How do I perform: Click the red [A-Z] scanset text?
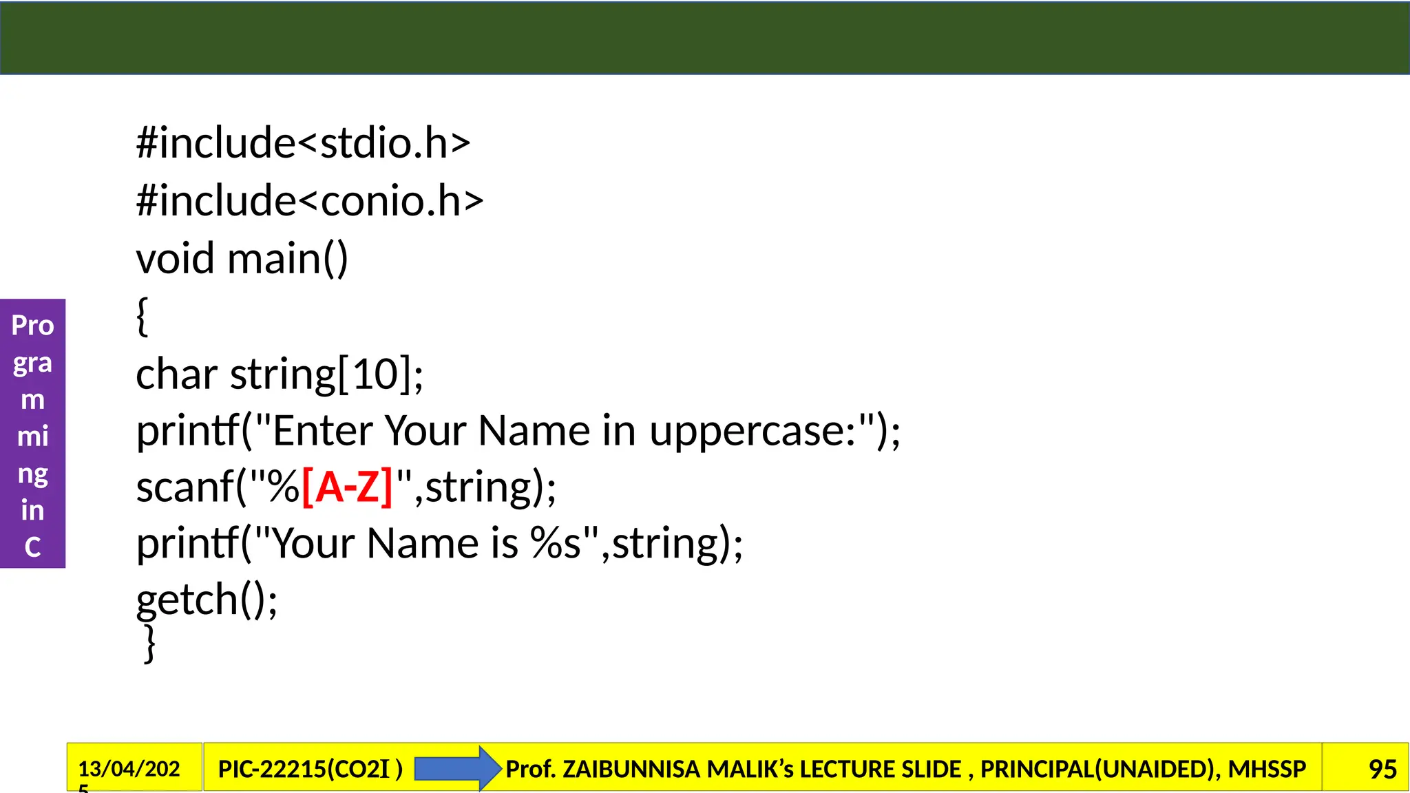point(347,487)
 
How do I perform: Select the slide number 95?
point(1382,769)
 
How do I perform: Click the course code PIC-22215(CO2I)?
point(310,769)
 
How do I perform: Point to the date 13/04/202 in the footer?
point(129,769)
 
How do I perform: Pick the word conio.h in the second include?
point(391,201)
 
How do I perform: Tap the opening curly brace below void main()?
point(143,317)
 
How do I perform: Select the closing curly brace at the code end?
point(149,644)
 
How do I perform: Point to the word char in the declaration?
point(176,374)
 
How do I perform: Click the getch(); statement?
point(207,600)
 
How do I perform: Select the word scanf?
point(185,487)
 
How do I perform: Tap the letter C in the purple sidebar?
point(32,547)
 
